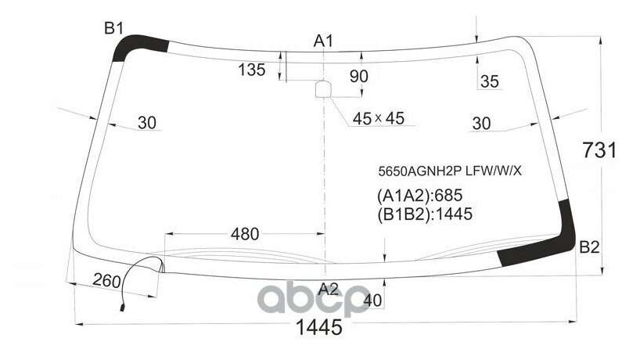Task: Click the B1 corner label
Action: pos(114,29)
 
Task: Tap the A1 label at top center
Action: pos(324,41)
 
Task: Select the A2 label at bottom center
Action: pos(329,288)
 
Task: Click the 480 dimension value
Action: pos(245,234)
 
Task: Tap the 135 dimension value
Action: pos(252,70)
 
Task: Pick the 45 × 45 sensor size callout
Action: pos(378,118)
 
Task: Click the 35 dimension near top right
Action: pos(489,81)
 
